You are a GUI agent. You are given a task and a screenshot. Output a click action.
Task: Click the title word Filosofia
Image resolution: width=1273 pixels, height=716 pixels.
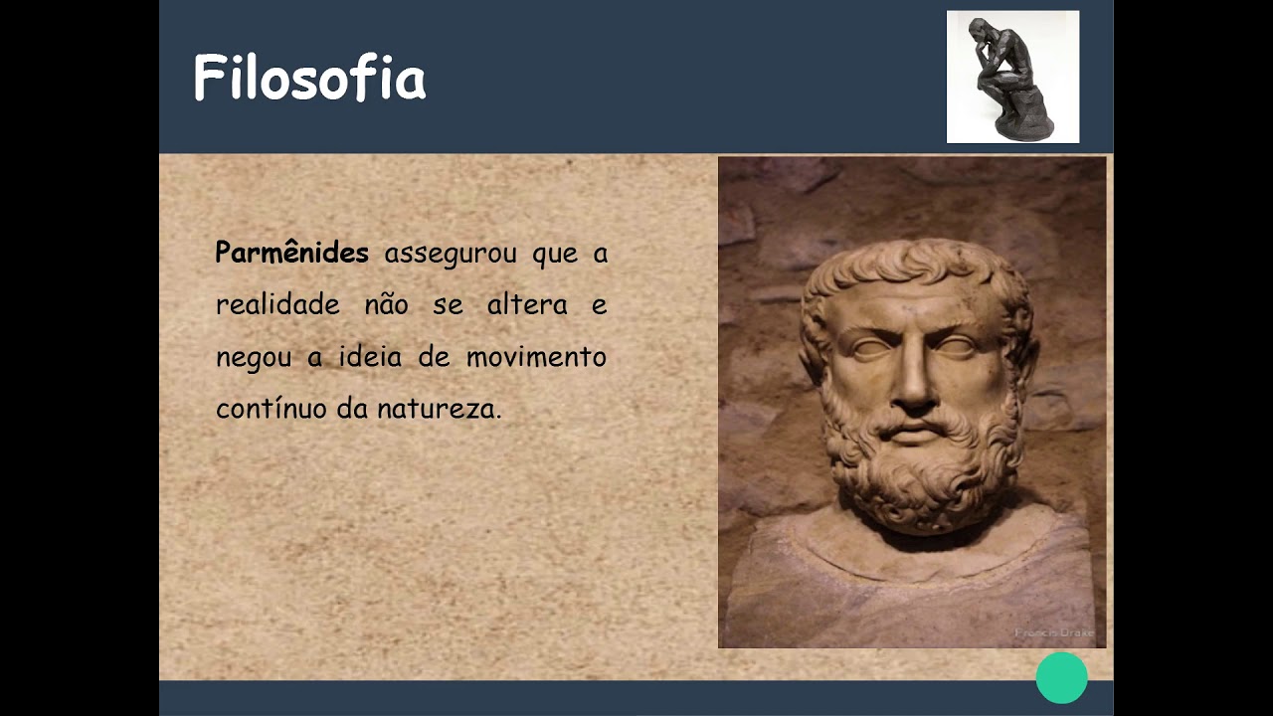[x=309, y=79]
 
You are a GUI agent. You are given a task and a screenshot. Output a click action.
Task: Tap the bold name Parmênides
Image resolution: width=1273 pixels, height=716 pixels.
[x=291, y=253]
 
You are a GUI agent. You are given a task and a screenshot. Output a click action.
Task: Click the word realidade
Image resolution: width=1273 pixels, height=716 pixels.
[x=277, y=304]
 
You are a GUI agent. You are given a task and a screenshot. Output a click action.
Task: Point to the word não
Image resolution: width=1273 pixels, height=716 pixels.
[x=386, y=304]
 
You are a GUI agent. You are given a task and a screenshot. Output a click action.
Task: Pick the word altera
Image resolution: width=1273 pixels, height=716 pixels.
[x=527, y=304]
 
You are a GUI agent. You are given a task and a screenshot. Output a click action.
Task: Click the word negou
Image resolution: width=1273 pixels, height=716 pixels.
[x=254, y=357]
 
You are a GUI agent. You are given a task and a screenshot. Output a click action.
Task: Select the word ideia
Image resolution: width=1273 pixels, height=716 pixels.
[x=370, y=356]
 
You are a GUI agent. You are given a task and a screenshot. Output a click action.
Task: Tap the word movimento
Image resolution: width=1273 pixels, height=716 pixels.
[x=536, y=356]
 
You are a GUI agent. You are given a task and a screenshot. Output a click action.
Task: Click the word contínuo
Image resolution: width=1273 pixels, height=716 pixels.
[x=269, y=408]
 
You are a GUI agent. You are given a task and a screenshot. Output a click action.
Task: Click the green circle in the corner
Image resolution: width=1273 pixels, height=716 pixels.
[x=1061, y=678]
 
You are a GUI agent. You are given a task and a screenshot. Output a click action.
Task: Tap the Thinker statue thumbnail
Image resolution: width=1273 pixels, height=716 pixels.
[x=1012, y=77]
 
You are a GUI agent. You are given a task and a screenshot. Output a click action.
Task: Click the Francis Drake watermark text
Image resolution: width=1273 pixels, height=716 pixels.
[x=1054, y=632]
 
